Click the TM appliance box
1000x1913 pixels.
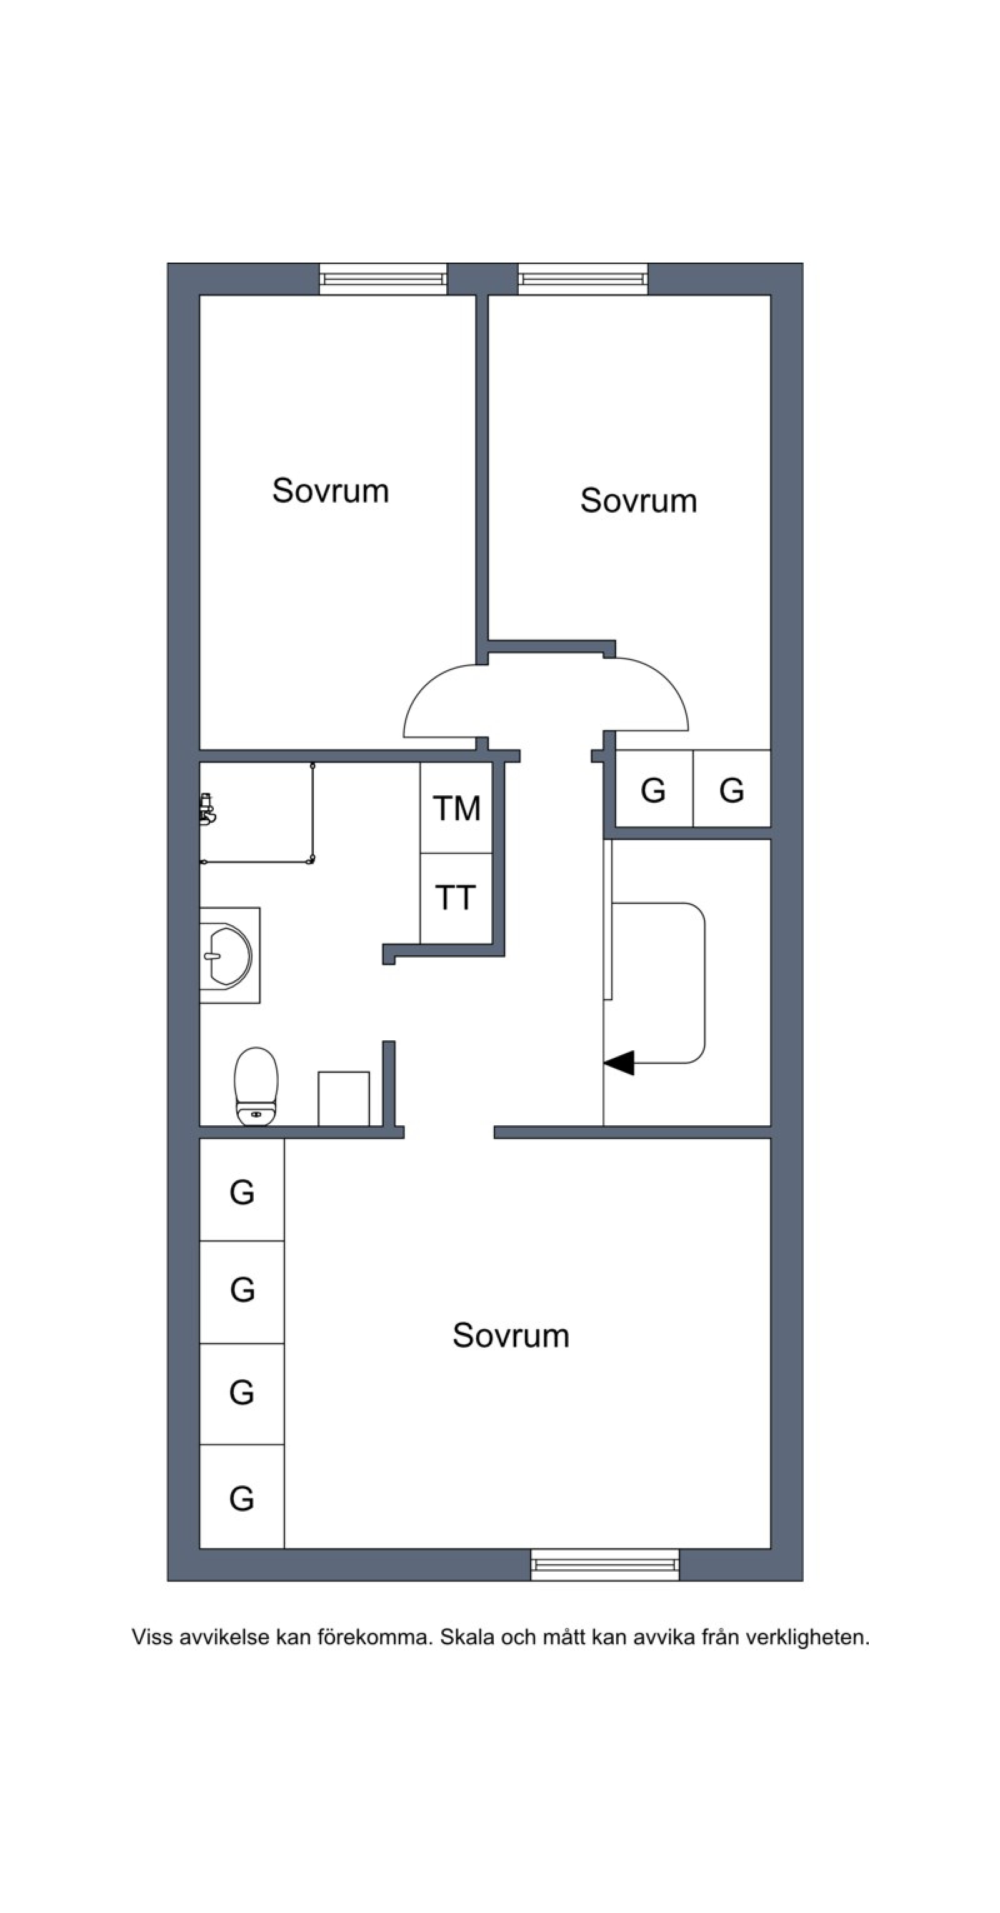456,808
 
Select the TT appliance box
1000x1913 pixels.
455,898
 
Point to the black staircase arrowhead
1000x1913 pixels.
619,1063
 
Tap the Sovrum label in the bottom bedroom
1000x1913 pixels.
511,1335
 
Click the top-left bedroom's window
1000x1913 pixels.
383,279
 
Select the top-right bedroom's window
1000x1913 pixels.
582,279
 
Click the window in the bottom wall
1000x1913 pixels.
604,1564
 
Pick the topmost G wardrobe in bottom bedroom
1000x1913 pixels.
242,1192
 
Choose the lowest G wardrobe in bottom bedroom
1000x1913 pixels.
242,1498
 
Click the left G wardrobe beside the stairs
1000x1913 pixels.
653,790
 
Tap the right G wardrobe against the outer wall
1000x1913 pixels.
731,790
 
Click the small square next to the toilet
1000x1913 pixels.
344,1098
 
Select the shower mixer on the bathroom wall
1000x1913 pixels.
207,810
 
